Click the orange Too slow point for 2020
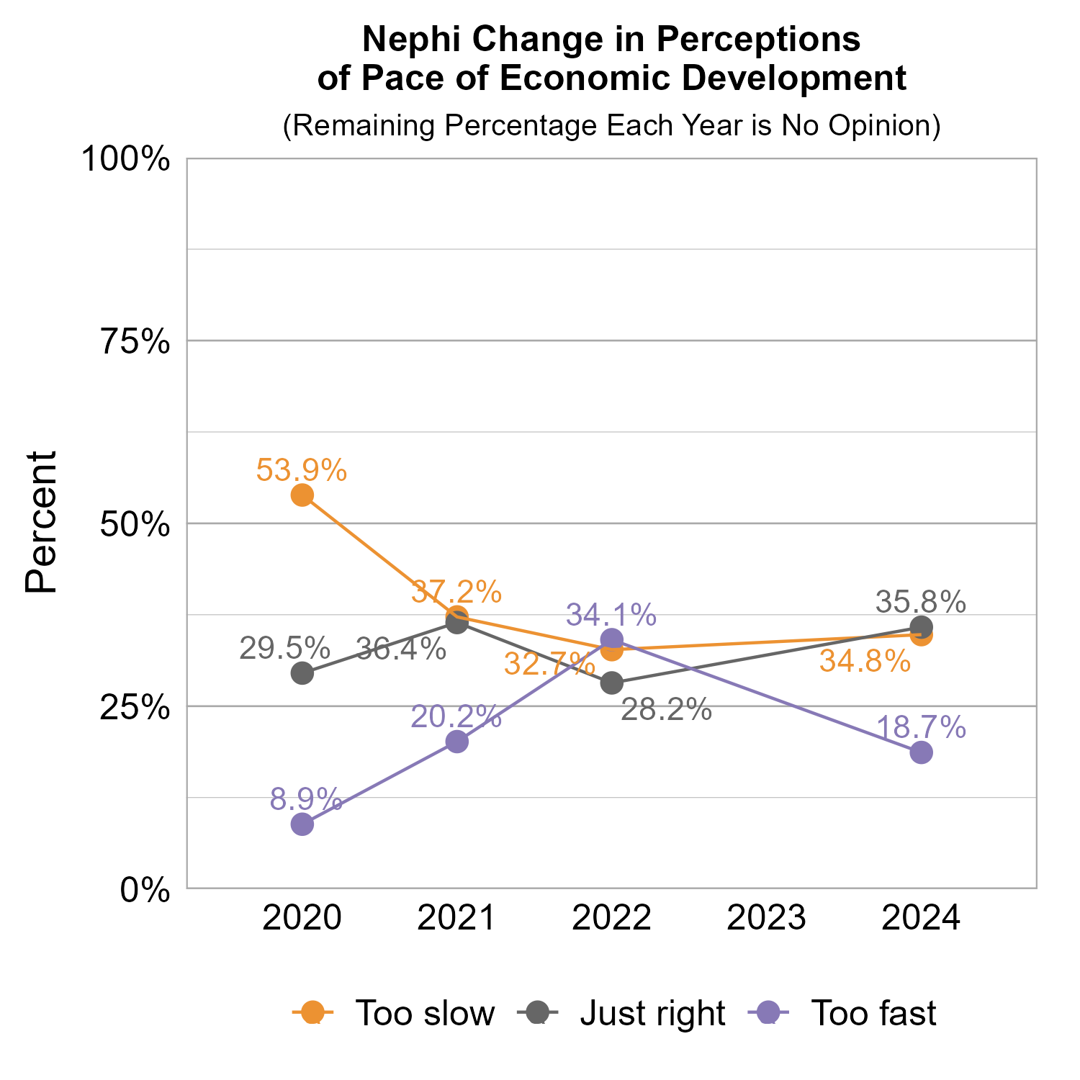[x=302, y=495]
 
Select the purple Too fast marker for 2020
[x=302, y=824]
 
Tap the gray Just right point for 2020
[x=302, y=673]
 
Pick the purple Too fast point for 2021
[x=457, y=742]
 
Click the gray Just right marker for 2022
[x=612, y=683]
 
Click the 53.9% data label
[x=302, y=471]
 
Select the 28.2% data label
[x=666, y=711]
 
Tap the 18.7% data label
[x=921, y=728]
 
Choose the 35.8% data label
[x=921, y=601]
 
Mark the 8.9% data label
[x=306, y=799]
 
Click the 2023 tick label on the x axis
[x=766, y=919]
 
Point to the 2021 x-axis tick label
[x=457, y=919]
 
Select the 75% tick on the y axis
[x=135, y=342]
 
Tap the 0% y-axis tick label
[x=145, y=890]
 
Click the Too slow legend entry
[x=425, y=1013]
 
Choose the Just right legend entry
[x=652, y=1013]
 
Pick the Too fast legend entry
[x=873, y=1013]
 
